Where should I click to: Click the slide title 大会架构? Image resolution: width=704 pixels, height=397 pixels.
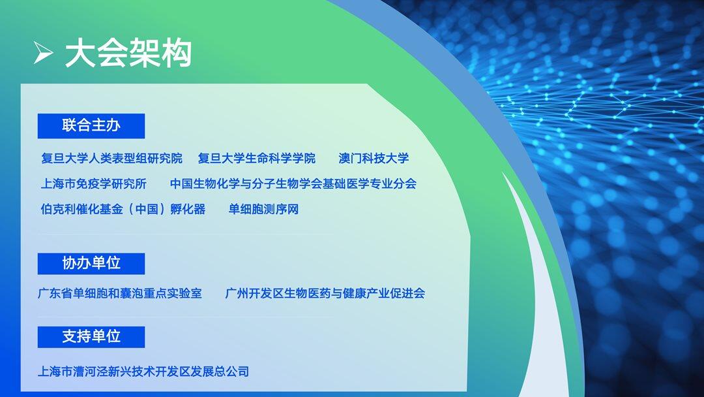(x=128, y=53)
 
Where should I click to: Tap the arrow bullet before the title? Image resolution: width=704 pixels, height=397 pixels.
(x=43, y=53)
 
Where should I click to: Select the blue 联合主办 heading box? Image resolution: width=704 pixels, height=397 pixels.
(x=91, y=126)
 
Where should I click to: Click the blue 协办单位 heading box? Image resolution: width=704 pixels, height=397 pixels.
(x=91, y=263)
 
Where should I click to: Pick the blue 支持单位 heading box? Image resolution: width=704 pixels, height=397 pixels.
(x=91, y=337)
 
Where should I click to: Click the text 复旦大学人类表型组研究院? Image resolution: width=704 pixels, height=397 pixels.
(x=112, y=158)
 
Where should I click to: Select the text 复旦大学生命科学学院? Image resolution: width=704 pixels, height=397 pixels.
(x=257, y=158)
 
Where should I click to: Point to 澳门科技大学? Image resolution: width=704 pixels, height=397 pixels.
(x=374, y=158)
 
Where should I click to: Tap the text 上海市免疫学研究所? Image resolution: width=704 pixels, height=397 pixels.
(x=94, y=183)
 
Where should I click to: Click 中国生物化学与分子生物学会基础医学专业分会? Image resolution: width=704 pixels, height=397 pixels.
(x=293, y=183)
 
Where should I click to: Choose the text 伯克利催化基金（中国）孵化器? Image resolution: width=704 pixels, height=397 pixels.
(x=123, y=209)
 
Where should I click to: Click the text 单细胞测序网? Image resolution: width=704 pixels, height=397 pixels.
(x=263, y=209)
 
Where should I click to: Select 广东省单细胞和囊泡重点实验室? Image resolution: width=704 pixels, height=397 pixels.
(x=120, y=294)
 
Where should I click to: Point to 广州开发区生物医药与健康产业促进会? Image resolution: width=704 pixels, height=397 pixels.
(x=325, y=294)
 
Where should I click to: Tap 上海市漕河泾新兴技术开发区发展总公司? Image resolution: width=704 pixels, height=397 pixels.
(x=143, y=372)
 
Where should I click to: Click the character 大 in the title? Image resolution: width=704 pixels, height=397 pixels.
(x=80, y=53)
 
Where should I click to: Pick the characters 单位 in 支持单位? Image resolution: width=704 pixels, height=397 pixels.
(x=106, y=337)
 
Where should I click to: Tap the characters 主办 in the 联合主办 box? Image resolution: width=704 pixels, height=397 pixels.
(x=106, y=125)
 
